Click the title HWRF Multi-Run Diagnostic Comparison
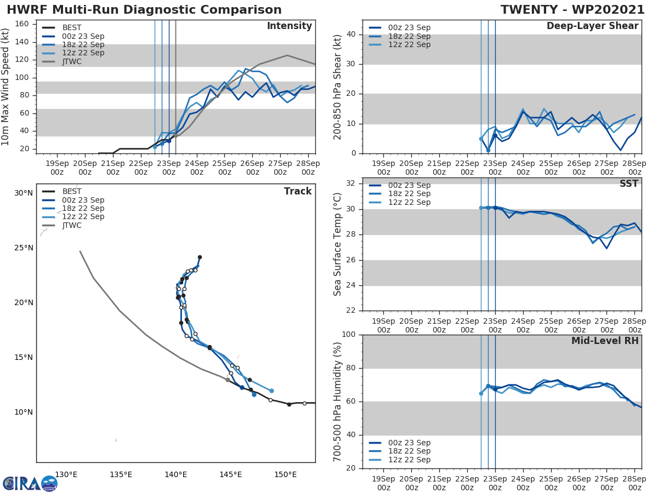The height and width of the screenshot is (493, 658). coord(144,10)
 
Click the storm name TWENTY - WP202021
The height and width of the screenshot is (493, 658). coord(572,10)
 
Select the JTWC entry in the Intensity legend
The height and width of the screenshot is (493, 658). coord(72,61)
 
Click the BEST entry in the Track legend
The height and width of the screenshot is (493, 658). coord(72,191)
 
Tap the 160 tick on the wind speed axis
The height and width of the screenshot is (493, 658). coord(25,24)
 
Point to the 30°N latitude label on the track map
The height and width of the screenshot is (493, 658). coord(24,193)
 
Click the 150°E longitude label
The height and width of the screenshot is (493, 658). coord(286,474)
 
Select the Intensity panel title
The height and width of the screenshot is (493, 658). coord(289,26)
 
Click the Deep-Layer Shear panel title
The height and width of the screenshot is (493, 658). coord(592,26)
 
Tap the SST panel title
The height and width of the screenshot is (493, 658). coord(628,184)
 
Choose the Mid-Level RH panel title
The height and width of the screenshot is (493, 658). coord(605,341)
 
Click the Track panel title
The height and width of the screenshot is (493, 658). coord(297,191)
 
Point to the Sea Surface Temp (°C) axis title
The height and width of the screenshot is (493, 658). coord(338,244)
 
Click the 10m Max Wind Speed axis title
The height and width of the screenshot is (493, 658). coord(6,87)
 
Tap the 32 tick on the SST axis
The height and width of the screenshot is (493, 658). coord(351,184)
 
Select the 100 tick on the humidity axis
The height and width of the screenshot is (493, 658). coord(349,335)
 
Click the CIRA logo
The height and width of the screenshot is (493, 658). coord(30,483)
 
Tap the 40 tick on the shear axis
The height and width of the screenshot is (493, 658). coord(351,35)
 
